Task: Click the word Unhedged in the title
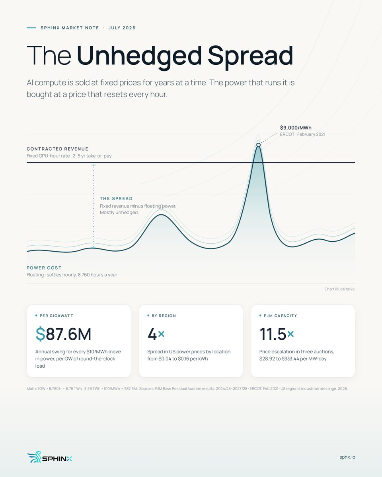point(139,55)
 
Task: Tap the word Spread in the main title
point(250,55)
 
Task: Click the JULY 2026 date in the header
point(122,28)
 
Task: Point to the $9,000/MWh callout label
point(296,128)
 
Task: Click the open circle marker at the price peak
point(258,145)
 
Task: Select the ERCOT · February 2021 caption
point(302,134)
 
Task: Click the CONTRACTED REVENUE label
point(57,149)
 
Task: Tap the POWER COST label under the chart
point(44,268)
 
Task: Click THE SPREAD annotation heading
point(116,198)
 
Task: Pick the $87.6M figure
point(63,334)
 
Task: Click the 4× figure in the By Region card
point(156,334)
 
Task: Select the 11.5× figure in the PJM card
point(277,334)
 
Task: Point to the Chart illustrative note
point(339,289)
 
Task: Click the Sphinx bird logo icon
point(34,457)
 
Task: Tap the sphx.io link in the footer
point(347,457)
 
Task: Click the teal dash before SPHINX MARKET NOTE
point(31,28)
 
